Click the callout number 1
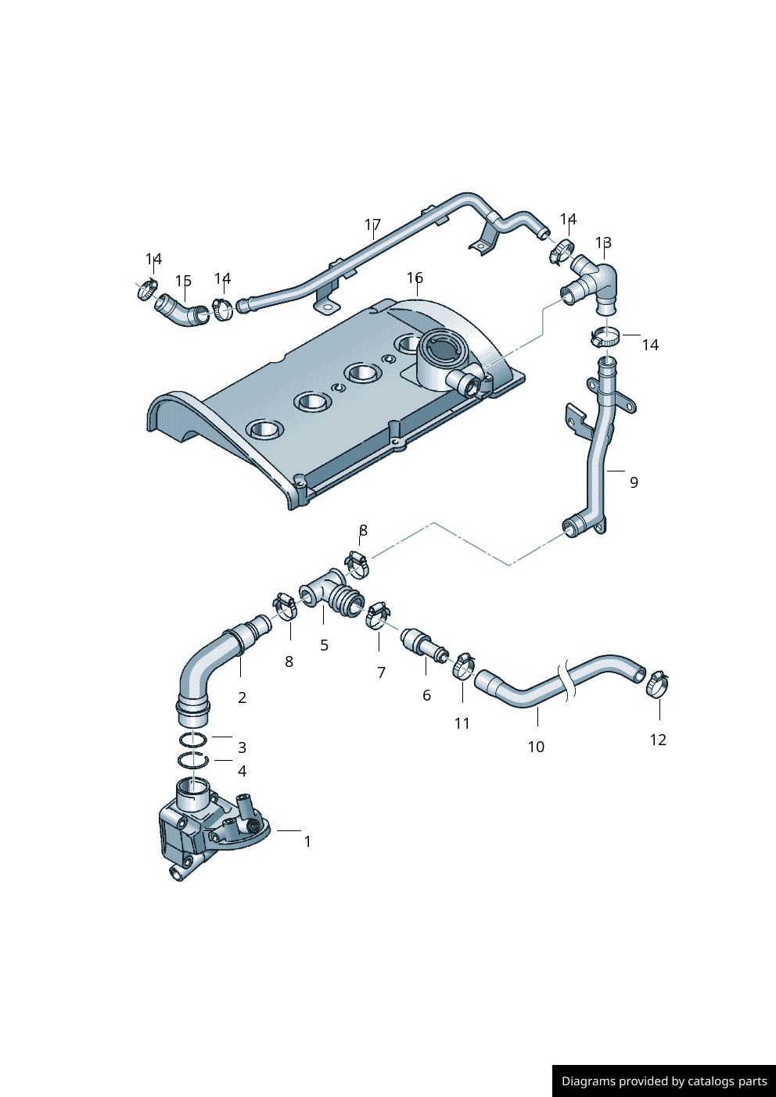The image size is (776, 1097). pos(307,841)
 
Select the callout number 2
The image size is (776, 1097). pos(242,697)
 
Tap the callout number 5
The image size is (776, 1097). pos(324,645)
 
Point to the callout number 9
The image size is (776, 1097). pos(634,482)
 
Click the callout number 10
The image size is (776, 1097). pos(536,747)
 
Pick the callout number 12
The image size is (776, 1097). pos(658,740)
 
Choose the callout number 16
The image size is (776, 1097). pos(415,278)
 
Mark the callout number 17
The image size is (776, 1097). pos(372,225)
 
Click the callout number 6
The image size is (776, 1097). pos(426,695)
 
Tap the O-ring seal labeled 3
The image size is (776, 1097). pos(193,740)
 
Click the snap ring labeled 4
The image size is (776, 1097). pos(193,759)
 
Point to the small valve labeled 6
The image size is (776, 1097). pos(423,644)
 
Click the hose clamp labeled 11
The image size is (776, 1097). pos(464,666)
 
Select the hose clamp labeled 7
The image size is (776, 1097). pos(378,615)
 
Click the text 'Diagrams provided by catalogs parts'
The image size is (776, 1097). pos(664,1081)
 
